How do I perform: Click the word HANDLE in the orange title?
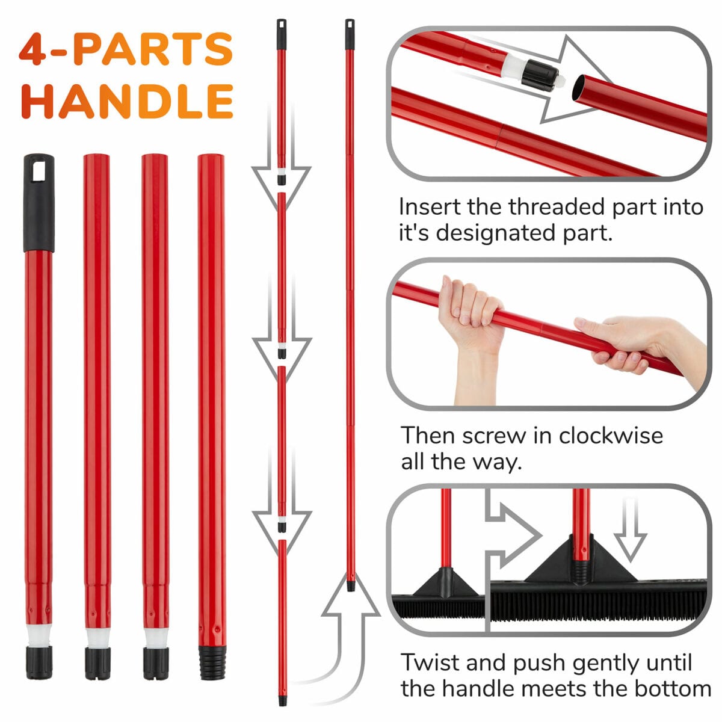(128, 101)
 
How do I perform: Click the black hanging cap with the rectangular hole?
(39, 202)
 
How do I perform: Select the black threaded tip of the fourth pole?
(211, 662)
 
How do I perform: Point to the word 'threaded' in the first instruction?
(557, 206)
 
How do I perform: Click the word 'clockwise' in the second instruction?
(610, 436)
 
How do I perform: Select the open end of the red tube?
(579, 88)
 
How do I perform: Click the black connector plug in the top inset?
(539, 76)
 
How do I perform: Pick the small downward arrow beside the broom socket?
(631, 529)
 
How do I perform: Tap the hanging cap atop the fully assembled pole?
(350, 34)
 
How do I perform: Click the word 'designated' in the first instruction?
(496, 233)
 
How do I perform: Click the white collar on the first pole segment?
(39, 635)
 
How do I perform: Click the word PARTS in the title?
(153, 49)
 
